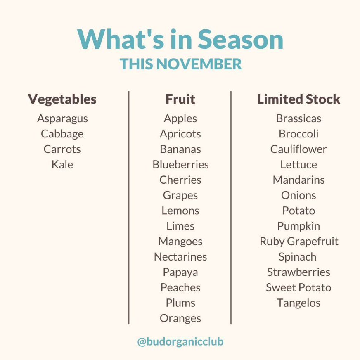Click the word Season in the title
pyautogui.click(x=240, y=39)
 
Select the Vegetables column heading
pyautogui.click(x=62, y=99)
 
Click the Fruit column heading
pyautogui.click(x=180, y=99)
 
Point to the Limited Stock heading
pyautogui.click(x=298, y=99)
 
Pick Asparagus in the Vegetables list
pyautogui.click(x=62, y=119)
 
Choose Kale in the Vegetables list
pyautogui.click(x=62, y=164)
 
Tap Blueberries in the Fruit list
pyautogui.click(x=180, y=164)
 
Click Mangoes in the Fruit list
pyautogui.click(x=180, y=242)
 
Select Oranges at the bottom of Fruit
pyautogui.click(x=180, y=319)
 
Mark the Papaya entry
pyautogui.click(x=180, y=272)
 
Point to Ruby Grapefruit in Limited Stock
pyautogui.click(x=299, y=242)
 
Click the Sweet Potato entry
pyautogui.click(x=298, y=287)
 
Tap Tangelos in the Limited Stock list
pyautogui.click(x=298, y=303)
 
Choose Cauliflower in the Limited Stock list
pyautogui.click(x=298, y=149)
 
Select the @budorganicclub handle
pyautogui.click(x=180, y=342)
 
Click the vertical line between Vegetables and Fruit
pyautogui.click(x=129, y=208)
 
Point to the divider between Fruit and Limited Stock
pyautogui.click(x=231, y=208)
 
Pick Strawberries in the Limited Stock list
pyautogui.click(x=298, y=272)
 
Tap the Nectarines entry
pyautogui.click(x=180, y=257)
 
